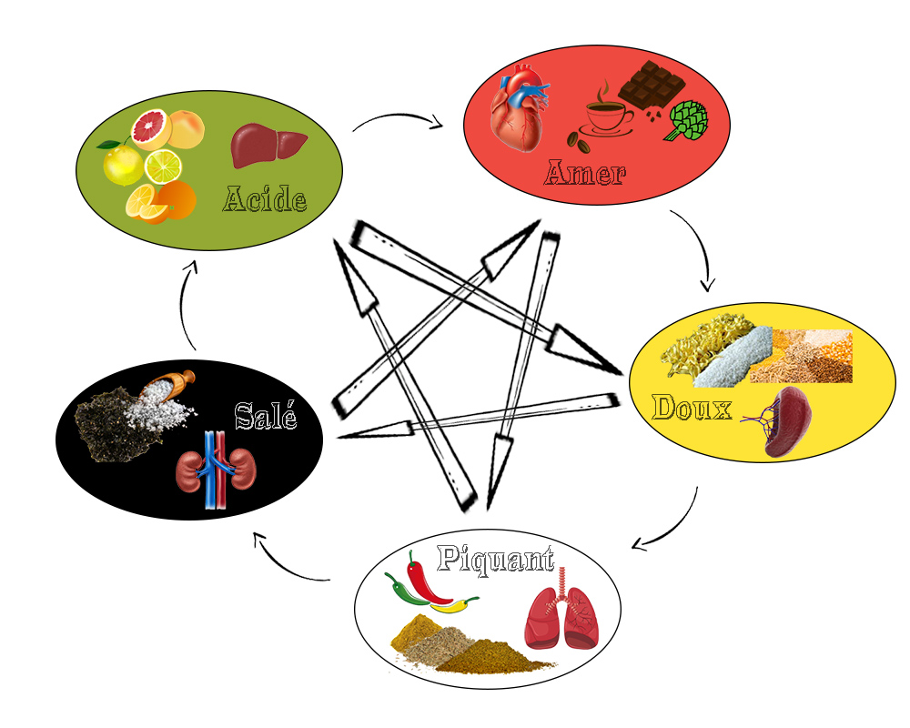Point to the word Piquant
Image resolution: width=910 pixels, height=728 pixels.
pyautogui.click(x=495, y=558)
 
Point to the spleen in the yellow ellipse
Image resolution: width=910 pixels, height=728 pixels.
pyautogui.click(x=785, y=420)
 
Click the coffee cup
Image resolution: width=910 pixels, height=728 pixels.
pyautogui.click(x=608, y=116)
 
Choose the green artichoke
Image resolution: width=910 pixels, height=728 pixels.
pyautogui.click(x=688, y=121)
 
